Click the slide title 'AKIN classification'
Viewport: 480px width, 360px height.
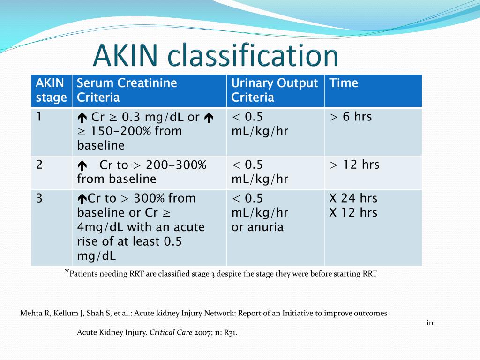215,56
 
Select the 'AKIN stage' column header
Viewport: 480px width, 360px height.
51,90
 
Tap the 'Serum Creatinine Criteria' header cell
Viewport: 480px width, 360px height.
127,90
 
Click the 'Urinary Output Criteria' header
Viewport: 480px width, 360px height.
274,90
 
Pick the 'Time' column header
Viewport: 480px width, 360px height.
344,83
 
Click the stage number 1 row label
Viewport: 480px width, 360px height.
40,117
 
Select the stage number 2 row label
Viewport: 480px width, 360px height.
40,165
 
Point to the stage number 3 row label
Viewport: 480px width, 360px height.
40,198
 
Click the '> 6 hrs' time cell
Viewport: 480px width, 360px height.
351,117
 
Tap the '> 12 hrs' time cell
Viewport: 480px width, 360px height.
354,165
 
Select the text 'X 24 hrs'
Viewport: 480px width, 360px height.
353,198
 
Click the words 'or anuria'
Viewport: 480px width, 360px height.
257,227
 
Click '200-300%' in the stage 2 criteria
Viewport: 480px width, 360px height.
176,165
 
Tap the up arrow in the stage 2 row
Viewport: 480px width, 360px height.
82,165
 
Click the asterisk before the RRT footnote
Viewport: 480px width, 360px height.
67,271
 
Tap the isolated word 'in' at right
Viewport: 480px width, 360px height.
429,322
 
